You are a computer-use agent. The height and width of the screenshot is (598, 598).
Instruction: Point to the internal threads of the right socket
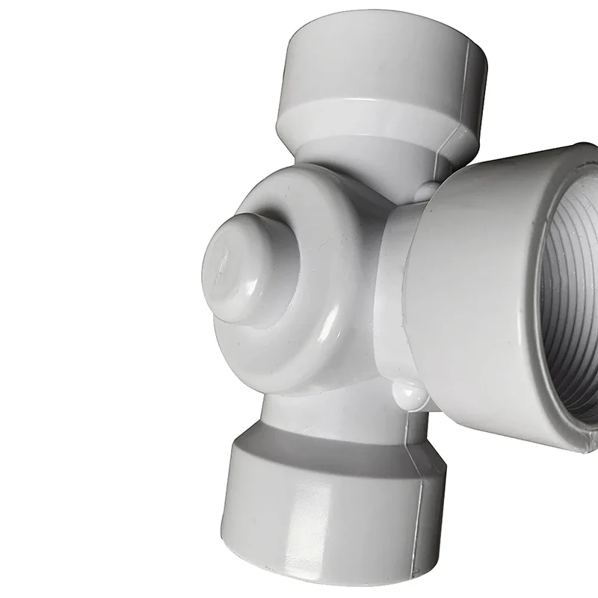pyautogui.click(x=568, y=299)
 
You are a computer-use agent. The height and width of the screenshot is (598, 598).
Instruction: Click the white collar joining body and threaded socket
pyautogui.click(x=392, y=284)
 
